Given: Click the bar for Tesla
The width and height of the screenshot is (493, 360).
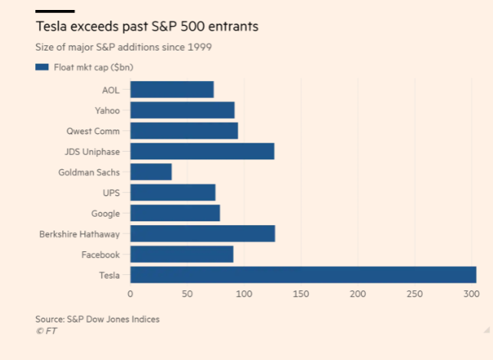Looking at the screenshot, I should coord(303,275).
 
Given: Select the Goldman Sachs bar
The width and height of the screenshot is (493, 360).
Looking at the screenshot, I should coord(151,172).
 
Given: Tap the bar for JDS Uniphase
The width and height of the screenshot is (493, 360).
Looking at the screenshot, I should coord(202,151).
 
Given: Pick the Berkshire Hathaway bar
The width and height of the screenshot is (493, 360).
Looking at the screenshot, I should coord(202,234).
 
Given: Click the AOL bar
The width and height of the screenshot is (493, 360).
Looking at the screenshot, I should coord(172,89).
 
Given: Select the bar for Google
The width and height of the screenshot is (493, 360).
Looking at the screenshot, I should coord(175,213).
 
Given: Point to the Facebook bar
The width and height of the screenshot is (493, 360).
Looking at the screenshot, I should coord(182,254).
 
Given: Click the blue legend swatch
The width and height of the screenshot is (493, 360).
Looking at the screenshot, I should coord(42,67).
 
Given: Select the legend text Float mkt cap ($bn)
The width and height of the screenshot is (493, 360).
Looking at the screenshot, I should coord(89,67).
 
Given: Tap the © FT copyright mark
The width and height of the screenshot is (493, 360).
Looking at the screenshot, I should coord(46,331).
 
